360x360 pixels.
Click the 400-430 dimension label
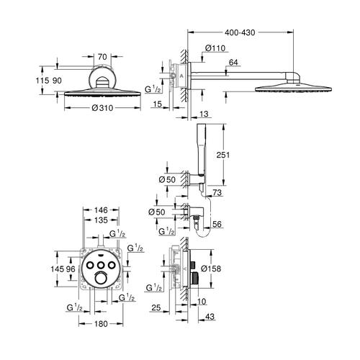pos(240,32)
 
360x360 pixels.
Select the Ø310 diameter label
pos(102,108)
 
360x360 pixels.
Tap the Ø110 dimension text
pos(215,48)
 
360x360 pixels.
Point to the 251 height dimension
pos(223,155)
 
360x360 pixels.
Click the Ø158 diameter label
pos(211,269)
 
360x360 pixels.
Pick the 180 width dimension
pos(101,324)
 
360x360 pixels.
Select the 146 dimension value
pos(101,210)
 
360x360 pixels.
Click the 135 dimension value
pos(101,220)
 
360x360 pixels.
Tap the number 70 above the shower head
pos(102,57)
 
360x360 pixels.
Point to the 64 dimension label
pos(233,63)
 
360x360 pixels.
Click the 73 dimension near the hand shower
pos(217,192)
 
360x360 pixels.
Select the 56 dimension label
pos(217,224)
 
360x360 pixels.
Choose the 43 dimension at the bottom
pos(210,317)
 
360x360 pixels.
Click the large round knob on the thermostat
pos(101,279)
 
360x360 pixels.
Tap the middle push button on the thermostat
pos(101,265)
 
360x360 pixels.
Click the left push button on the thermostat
pos(91,265)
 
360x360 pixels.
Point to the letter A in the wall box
pos(181,76)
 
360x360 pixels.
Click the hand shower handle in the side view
pos(200,149)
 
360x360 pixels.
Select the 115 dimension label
pos(42,81)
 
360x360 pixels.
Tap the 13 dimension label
pos(204,114)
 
